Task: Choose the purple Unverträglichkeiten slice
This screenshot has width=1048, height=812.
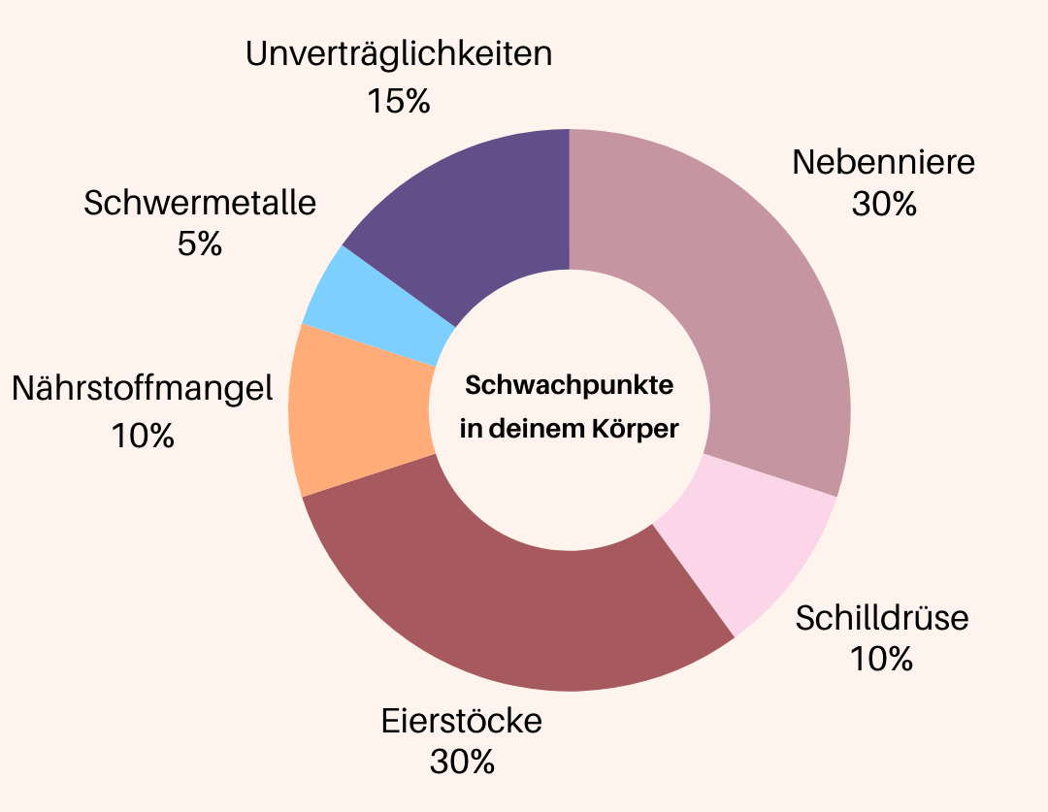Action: tap(475, 213)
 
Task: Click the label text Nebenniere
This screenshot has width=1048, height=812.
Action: tap(883, 162)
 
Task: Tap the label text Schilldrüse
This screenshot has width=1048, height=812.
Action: tap(882, 618)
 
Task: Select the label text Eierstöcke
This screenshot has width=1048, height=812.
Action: tap(462, 722)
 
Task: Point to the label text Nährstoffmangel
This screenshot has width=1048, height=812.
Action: tap(143, 390)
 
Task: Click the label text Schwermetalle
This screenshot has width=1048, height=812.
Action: tap(200, 204)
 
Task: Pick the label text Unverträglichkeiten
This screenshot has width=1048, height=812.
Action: tap(399, 54)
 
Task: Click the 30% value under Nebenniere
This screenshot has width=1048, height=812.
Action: tap(883, 205)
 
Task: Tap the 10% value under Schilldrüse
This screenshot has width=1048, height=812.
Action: tap(881, 660)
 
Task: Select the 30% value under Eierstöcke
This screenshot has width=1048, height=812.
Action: tap(462, 763)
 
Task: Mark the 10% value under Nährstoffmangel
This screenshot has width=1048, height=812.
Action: tap(143, 436)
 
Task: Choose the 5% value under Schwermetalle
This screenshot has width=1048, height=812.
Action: tap(200, 244)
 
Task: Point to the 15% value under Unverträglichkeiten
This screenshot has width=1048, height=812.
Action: tap(399, 100)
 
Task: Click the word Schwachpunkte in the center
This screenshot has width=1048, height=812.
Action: tap(570, 386)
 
